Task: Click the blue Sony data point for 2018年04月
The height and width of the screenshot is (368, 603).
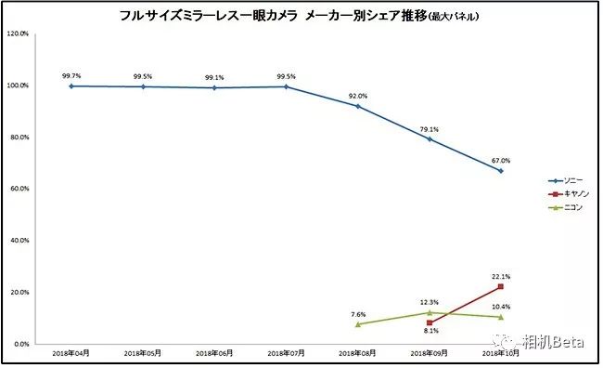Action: (71, 85)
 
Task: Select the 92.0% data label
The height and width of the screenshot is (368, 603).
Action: (358, 96)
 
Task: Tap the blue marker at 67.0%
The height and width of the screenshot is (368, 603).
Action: (501, 171)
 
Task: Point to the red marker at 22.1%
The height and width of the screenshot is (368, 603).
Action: (501, 286)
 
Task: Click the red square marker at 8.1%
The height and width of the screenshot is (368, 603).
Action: (430, 322)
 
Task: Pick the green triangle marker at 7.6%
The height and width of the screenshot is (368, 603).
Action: (358, 323)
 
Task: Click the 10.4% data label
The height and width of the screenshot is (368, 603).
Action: (501, 306)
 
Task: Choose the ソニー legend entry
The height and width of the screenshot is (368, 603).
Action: (560, 180)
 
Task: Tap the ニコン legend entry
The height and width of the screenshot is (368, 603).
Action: (560, 206)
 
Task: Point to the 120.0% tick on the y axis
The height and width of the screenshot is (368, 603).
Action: (18, 34)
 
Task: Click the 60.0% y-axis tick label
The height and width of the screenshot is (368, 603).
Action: (19, 189)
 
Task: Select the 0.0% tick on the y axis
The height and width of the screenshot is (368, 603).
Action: (21, 344)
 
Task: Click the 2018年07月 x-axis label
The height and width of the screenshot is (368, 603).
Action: (286, 354)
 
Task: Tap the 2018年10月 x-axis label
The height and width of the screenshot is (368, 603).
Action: (501, 354)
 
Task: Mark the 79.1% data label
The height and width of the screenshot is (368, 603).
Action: (430, 129)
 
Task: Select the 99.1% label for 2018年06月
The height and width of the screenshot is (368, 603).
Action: (214, 77)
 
